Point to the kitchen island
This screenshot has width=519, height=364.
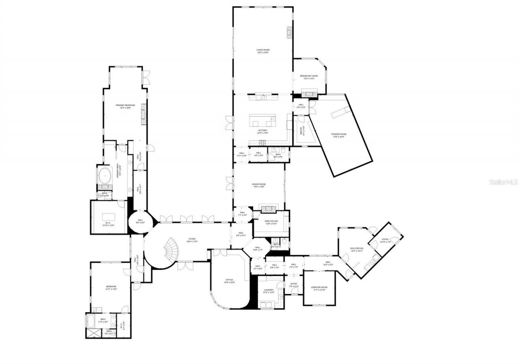click(x=262, y=121)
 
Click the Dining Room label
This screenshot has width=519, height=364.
click(x=259, y=185)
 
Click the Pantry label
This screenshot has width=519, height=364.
click(x=301, y=131)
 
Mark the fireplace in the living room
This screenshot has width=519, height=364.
click(x=290, y=32)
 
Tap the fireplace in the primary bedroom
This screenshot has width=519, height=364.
click(x=143, y=114)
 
